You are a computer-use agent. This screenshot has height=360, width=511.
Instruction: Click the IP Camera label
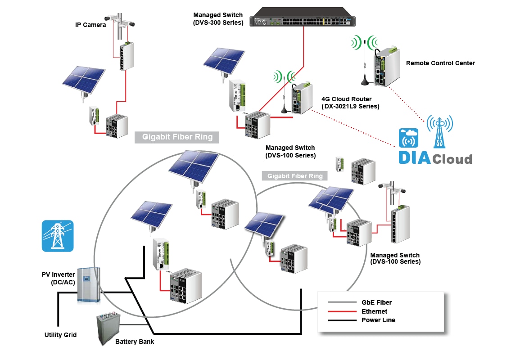(90, 25)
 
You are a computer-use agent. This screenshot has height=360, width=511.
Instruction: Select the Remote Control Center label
(440, 63)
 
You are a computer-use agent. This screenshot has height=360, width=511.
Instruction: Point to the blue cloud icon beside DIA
(408, 138)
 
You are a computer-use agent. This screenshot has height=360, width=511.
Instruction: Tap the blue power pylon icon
(57, 236)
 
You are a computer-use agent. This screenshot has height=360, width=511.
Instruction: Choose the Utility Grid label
(60, 335)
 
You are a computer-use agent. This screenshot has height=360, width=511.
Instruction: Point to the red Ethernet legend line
(342, 311)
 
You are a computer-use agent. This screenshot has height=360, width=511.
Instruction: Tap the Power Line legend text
(378, 320)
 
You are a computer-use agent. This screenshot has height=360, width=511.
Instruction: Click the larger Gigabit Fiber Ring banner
(177, 137)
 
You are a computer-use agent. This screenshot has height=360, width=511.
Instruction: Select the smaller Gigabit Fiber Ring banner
(295, 176)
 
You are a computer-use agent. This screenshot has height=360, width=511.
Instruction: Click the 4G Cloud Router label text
(350, 103)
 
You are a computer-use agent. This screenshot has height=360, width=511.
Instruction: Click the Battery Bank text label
(135, 342)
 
